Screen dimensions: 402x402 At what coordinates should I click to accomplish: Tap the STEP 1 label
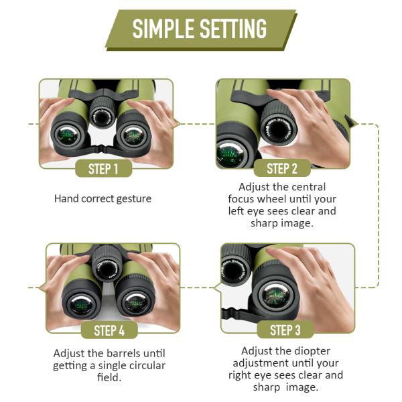(103, 169)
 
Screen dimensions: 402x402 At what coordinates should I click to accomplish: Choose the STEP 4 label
(109, 330)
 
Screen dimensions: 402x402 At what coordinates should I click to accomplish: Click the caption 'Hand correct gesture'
(103, 198)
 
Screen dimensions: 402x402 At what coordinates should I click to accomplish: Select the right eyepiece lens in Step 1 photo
(133, 137)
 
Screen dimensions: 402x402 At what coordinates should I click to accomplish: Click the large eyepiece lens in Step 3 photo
(275, 295)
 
